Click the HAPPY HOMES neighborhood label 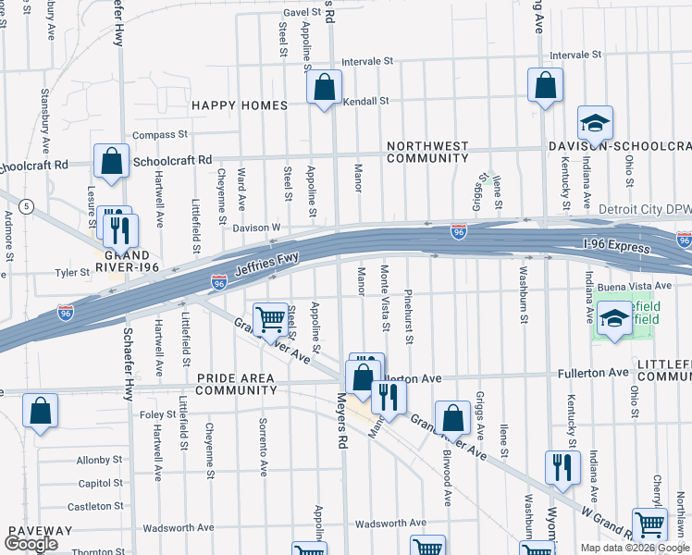[x=240, y=105]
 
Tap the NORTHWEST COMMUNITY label [x=427, y=153]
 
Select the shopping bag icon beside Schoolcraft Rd [x=111, y=162]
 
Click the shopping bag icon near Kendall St [x=324, y=89]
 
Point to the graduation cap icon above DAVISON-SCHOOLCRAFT [x=595, y=122]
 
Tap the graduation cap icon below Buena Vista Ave [x=613, y=319]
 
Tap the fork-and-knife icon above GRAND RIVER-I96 [x=121, y=228]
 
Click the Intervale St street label [x=367, y=61]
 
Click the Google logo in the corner [x=31, y=544]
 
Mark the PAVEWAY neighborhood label [x=40, y=531]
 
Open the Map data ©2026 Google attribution [x=634, y=548]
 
